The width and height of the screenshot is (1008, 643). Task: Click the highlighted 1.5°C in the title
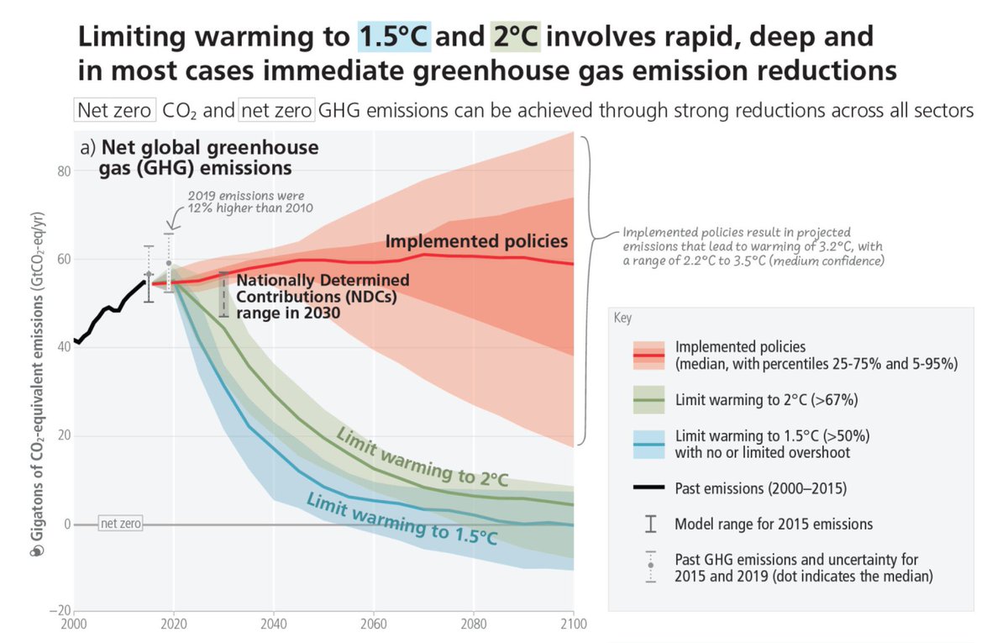click(394, 37)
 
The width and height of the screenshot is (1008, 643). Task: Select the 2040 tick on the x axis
click(273, 625)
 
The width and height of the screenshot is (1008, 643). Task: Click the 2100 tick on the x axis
click(573, 625)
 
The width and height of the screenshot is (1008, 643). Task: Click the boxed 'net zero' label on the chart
click(120, 524)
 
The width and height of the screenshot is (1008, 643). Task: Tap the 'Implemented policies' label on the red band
click(476, 242)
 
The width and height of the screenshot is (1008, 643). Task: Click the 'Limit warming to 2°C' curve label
click(422, 456)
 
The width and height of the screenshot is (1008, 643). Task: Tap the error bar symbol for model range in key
click(649, 524)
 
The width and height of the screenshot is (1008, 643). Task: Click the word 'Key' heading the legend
click(622, 319)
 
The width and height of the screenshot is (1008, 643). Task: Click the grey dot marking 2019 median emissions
click(168, 263)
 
